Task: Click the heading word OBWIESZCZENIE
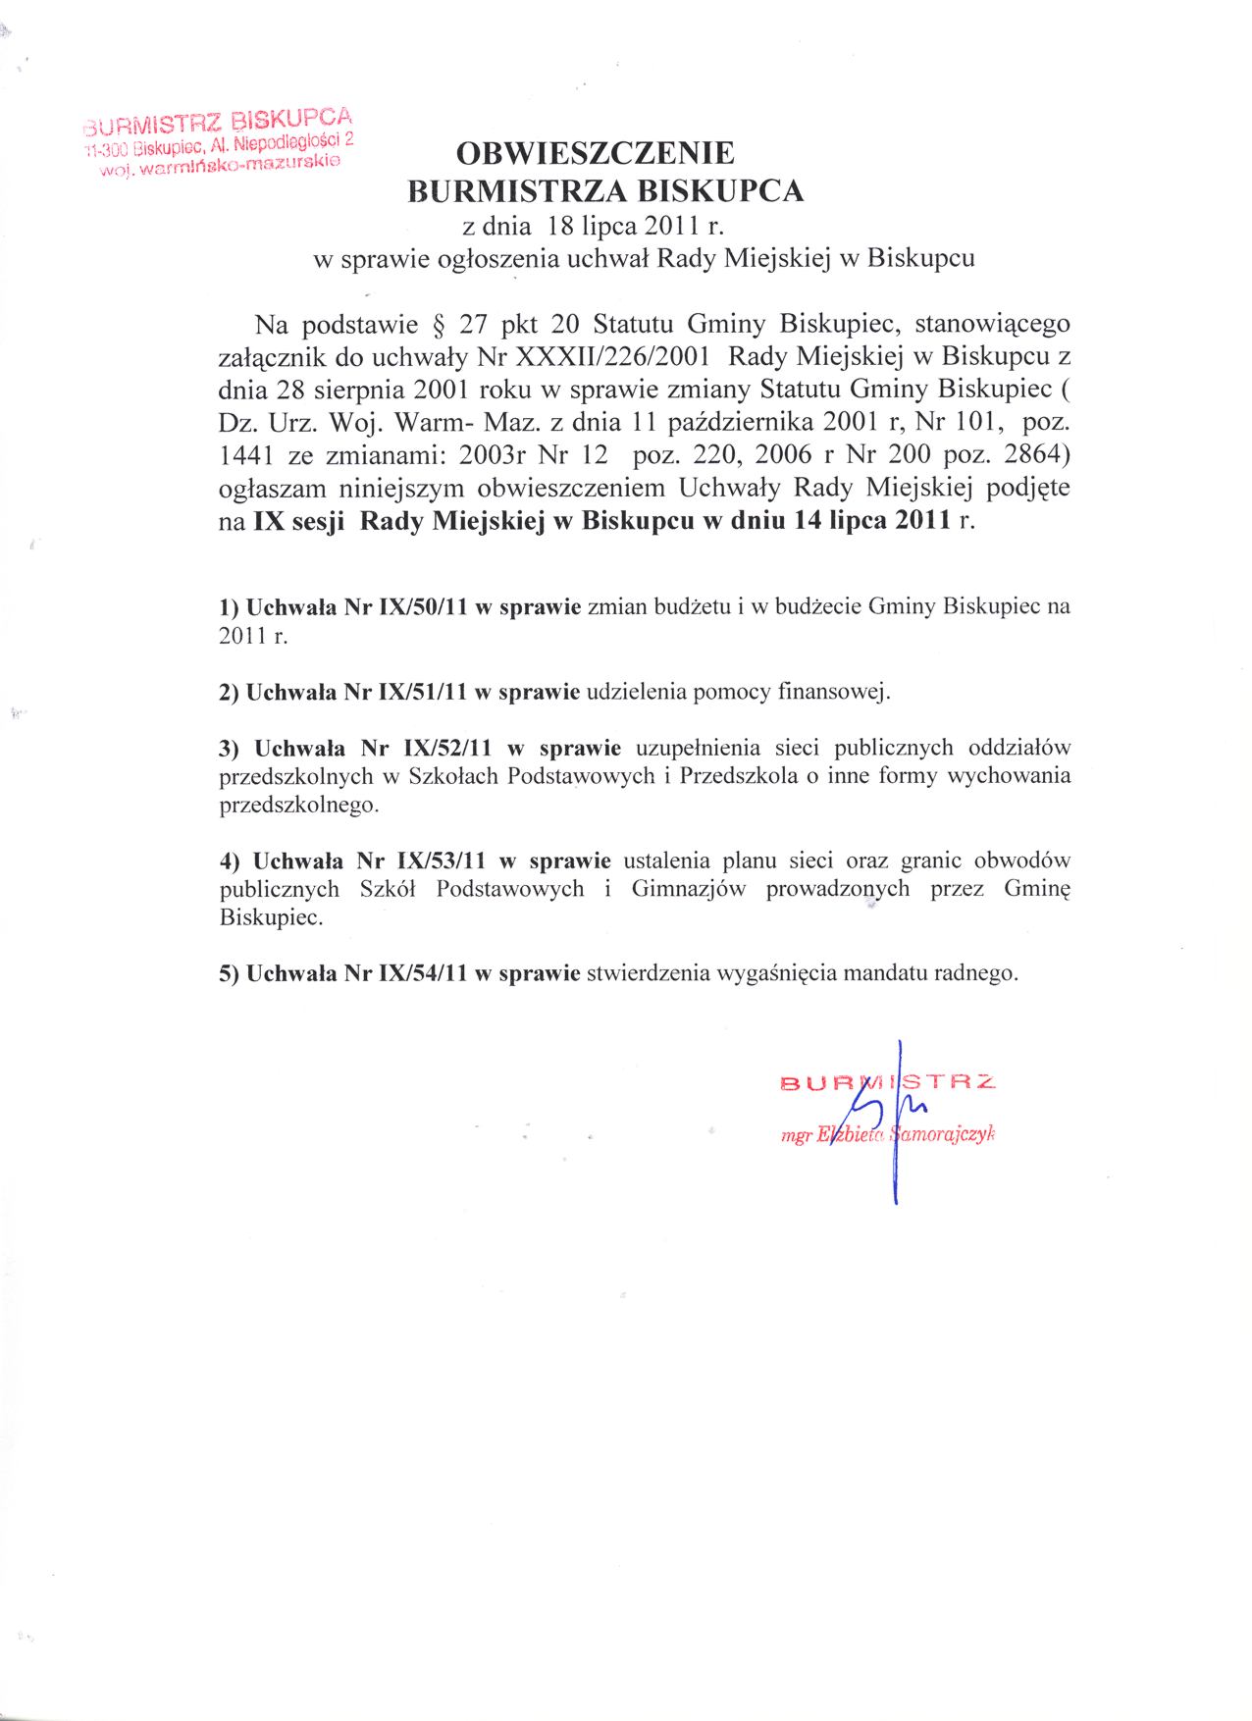coord(596,153)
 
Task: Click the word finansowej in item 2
coord(832,692)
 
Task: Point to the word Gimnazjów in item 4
coord(689,890)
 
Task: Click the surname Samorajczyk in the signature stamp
coord(944,1134)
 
